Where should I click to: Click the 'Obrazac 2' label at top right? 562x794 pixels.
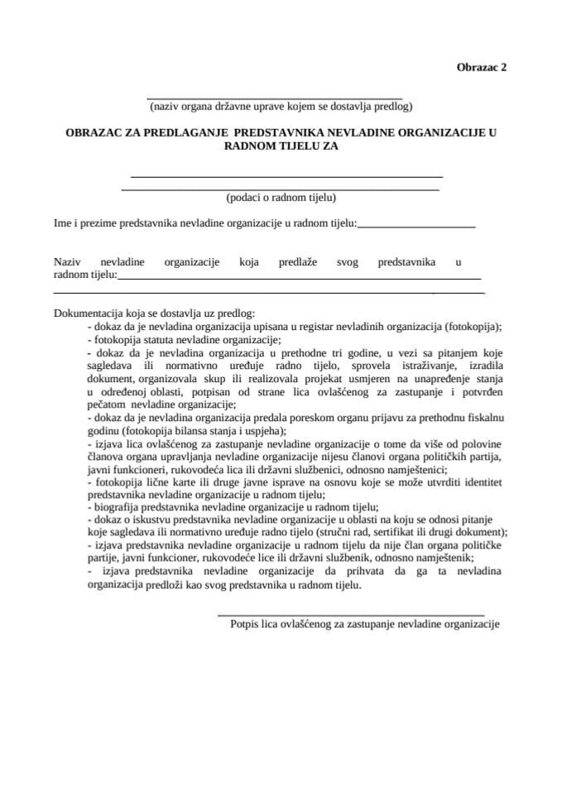(x=481, y=69)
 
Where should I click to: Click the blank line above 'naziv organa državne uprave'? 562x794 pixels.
(x=274, y=98)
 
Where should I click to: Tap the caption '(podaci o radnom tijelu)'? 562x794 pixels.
(x=281, y=198)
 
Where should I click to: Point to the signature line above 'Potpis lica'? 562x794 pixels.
(x=350, y=615)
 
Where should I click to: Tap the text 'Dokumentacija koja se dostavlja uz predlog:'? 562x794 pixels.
(x=154, y=314)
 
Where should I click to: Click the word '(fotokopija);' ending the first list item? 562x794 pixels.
(x=475, y=326)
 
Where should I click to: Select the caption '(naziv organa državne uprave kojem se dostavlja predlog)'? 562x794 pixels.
(x=281, y=107)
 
